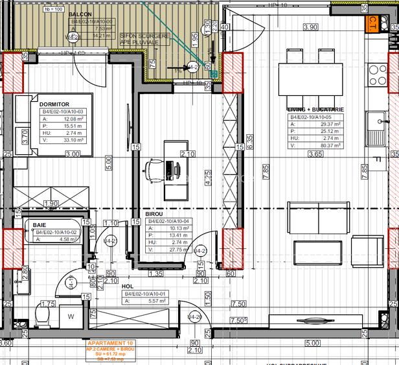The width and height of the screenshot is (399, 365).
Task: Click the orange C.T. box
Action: (373, 25)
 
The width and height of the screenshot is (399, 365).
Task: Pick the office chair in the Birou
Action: (155, 170)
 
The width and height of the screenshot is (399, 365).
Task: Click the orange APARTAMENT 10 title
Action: (108, 342)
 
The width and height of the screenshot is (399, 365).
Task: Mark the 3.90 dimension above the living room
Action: (311, 27)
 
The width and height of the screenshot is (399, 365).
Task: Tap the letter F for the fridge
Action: (376, 159)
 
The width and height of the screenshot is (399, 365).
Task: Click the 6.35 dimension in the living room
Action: (249, 141)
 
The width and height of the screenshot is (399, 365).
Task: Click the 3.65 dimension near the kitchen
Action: (315, 155)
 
